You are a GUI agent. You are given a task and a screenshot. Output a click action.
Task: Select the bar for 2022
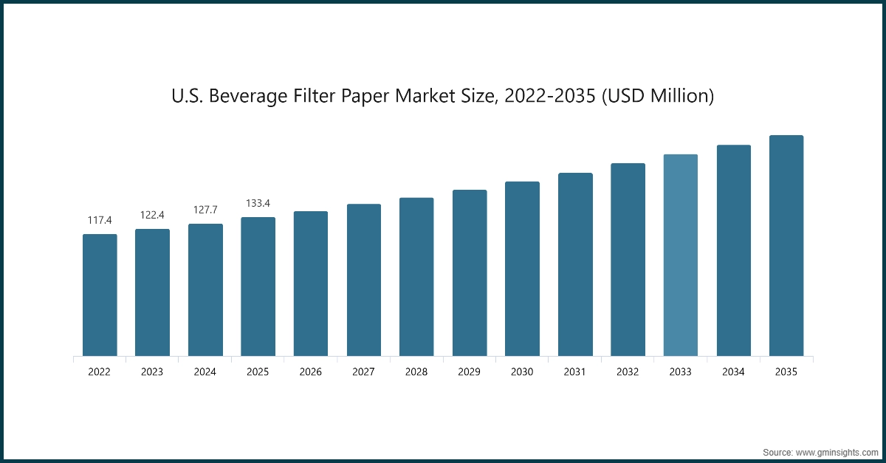(x=100, y=295)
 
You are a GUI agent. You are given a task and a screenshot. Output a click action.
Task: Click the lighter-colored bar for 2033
(x=680, y=255)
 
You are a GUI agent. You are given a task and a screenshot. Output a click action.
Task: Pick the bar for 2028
(x=416, y=277)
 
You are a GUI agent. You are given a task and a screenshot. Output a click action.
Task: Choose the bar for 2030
(x=522, y=269)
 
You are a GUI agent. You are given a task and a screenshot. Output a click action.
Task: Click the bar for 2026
(x=311, y=284)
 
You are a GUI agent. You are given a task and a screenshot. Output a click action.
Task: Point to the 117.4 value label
(x=100, y=220)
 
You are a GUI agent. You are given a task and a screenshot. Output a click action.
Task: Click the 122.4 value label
(x=152, y=215)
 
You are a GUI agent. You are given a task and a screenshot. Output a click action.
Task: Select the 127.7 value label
(x=205, y=210)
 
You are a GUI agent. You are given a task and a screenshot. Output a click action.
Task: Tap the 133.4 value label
(x=258, y=203)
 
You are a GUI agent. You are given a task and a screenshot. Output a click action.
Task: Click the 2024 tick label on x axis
(x=205, y=372)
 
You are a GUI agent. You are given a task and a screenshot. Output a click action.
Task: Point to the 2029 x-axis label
(x=470, y=372)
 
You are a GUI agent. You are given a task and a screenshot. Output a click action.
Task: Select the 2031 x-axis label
(x=575, y=372)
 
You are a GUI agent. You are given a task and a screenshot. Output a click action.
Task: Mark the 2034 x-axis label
(x=733, y=372)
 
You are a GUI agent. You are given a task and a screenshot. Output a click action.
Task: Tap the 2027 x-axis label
(x=363, y=372)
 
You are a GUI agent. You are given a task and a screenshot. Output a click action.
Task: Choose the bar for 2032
(x=628, y=260)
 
